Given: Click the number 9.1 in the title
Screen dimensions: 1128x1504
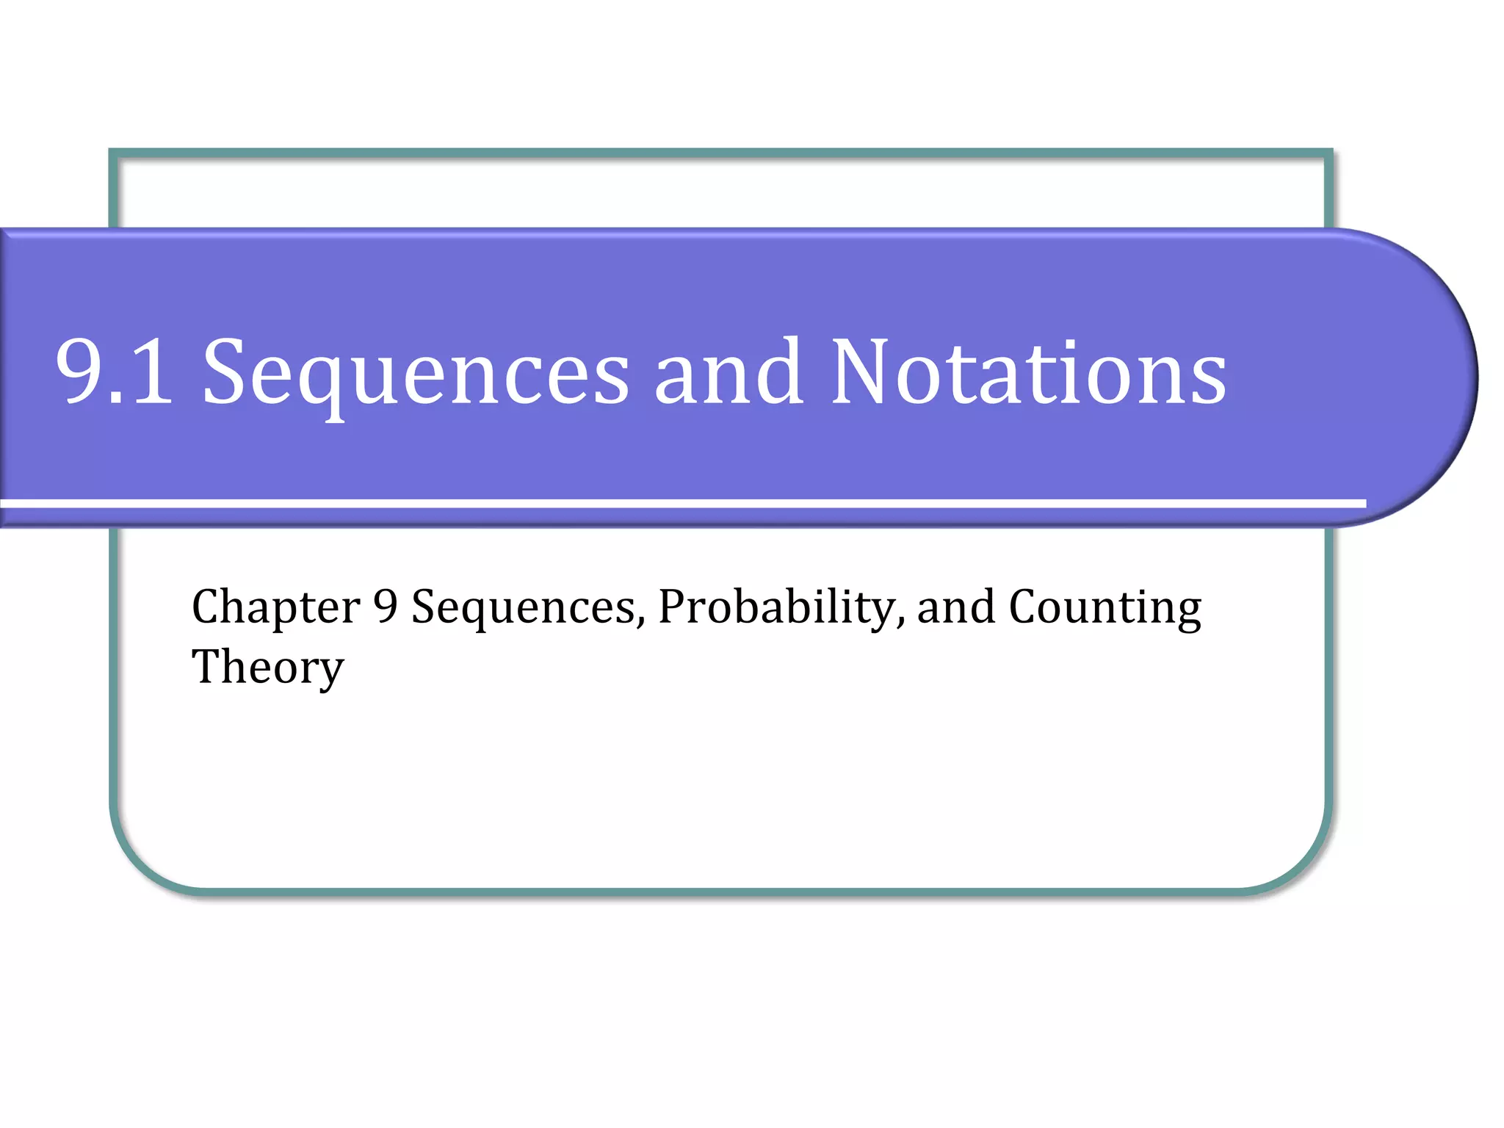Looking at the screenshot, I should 114,372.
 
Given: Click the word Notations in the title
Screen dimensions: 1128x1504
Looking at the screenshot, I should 1029,372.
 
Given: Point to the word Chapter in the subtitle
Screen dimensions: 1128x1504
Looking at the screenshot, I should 275,608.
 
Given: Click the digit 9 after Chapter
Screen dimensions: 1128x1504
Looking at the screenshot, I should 386,607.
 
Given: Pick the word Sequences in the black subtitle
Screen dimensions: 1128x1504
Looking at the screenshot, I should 527,608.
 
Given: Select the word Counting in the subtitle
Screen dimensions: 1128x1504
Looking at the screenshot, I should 1105,608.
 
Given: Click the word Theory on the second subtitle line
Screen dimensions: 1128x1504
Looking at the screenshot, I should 267,668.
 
